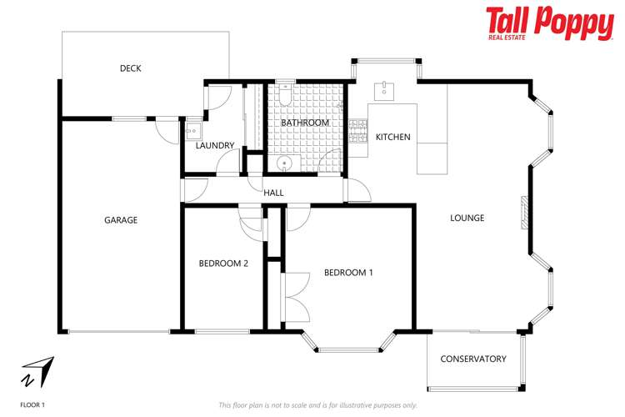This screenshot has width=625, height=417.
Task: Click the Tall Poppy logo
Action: pyautogui.click(x=549, y=23)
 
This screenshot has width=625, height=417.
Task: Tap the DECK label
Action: pyautogui.click(x=130, y=68)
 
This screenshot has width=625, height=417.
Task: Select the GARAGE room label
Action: pyautogui.click(x=121, y=220)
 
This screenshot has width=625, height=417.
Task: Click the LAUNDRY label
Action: pyautogui.click(x=215, y=146)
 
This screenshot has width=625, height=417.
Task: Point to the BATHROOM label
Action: pyautogui.click(x=305, y=123)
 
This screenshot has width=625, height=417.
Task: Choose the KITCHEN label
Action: pyautogui.click(x=393, y=137)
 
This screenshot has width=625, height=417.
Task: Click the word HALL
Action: pyautogui.click(x=273, y=193)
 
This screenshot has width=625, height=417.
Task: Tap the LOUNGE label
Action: pyautogui.click(x=467, y=219)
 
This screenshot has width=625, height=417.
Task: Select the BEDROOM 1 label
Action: pyautogui.click(x=348, y=273)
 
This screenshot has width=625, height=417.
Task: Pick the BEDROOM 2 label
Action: pyautogui.click(x=223, y=264)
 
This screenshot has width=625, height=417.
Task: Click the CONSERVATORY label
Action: pyautogui.click(x=473, y=359)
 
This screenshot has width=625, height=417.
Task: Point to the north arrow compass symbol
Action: pyautogui.click(x=38, y=371)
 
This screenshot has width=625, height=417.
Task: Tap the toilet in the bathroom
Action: pyautogui.click(x=285, y=97)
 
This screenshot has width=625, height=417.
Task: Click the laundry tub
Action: pyautogui.click(x=192, y=129)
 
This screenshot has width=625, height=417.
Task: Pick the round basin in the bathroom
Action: pyautogui.click(x=284, y=163)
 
